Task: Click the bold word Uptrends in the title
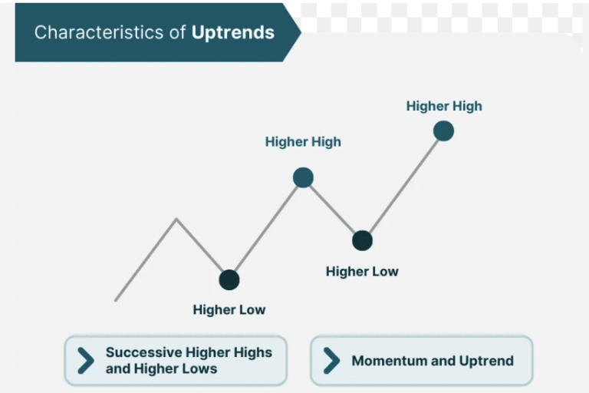coord(233,33)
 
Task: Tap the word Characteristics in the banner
coord(99,32)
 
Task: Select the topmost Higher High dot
coord(443,131)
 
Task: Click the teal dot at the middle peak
coord(303,177)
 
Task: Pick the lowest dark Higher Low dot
coord(229,280)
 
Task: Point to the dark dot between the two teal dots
coord(363,240)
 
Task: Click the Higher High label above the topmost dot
coord(444,107)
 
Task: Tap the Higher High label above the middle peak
coord(303,142)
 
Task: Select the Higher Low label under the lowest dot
coord(229,310)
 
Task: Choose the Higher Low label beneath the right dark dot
coord(362,272)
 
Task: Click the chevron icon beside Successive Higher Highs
coord(86,361)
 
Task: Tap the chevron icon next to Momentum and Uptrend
coord(331,361)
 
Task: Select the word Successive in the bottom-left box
coord(144,352)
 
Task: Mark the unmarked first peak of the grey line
coord(176,219)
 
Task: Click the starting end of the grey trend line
coord(116,300)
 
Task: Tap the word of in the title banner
coord(177,32)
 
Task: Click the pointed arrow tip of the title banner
coord(301,32)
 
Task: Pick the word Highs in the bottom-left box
coord(253,353)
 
